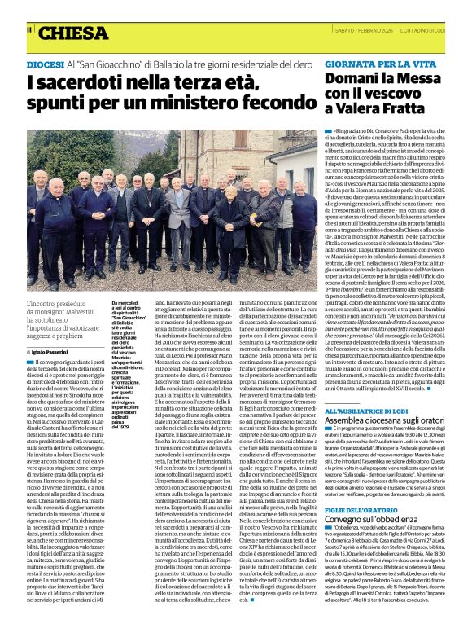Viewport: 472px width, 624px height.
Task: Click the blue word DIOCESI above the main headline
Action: tap(48, 63)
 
